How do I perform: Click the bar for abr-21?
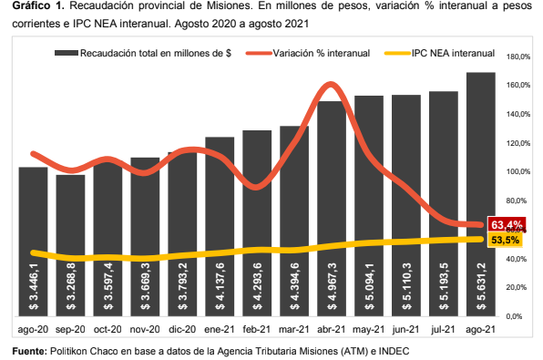[x=332, y=210]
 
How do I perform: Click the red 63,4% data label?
[x=506, y=224]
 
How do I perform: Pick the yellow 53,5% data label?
[x=506, y=241]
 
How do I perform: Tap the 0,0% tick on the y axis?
[x=515, y=315]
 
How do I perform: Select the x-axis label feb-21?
[x=257, y=330]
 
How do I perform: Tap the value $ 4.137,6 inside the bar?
[x=220, y=285]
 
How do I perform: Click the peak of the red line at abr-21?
[x=330, y=85]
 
